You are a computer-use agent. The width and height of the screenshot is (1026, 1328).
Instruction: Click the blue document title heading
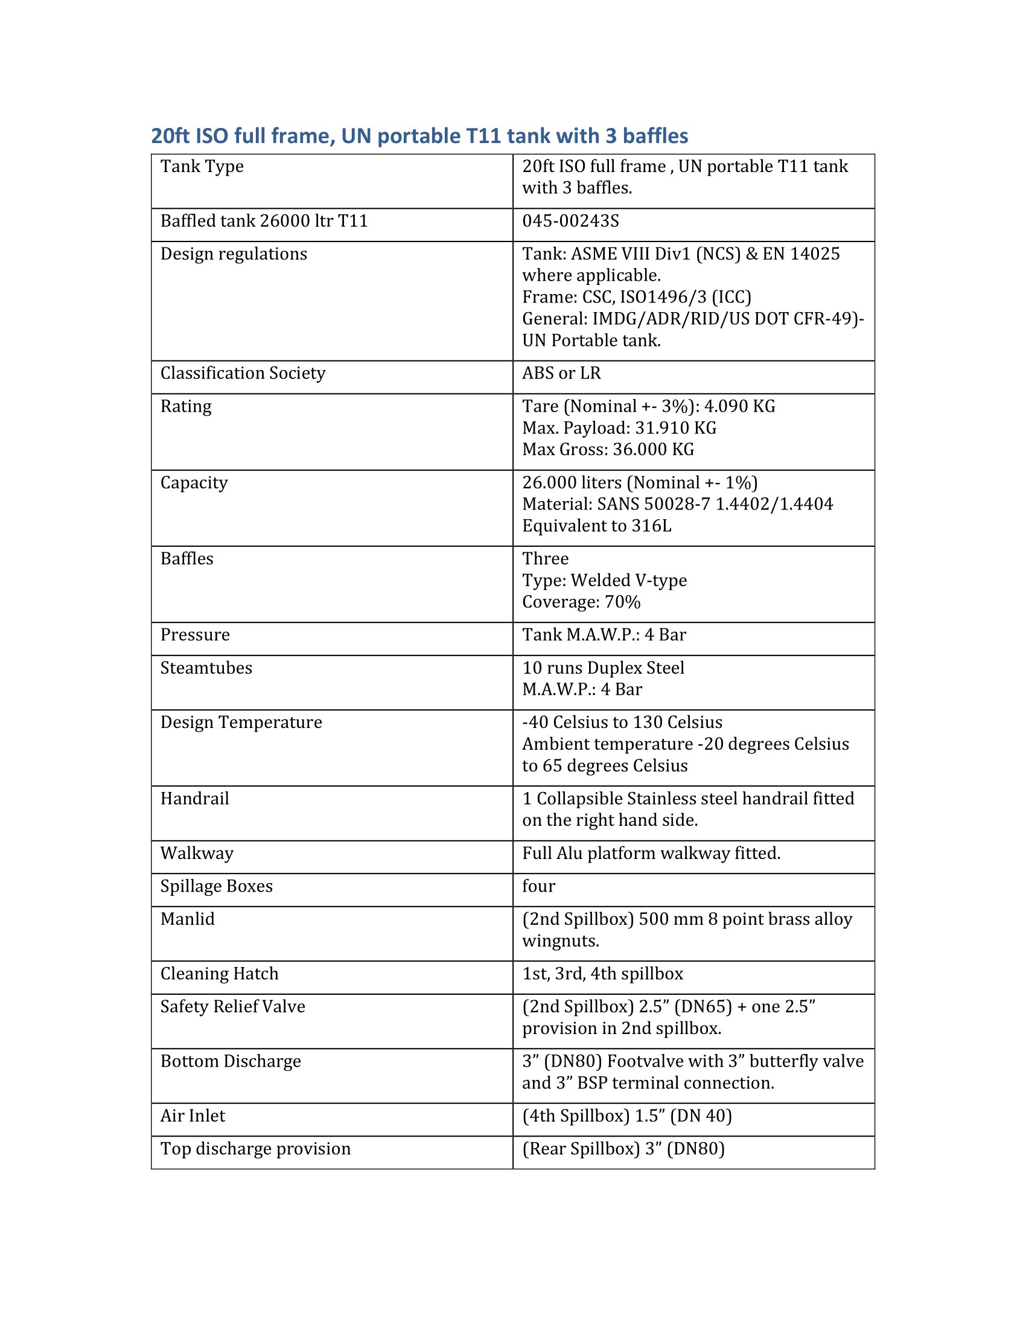pyautogui.click(x=419, y=136)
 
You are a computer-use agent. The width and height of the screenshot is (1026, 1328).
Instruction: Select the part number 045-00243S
pyautogui.click(x=570, y=221)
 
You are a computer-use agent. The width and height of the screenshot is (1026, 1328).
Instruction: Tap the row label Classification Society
pyautogui.click(x=243, y=372)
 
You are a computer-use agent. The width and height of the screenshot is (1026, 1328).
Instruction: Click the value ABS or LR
pyautogui.click(x=561, y=372)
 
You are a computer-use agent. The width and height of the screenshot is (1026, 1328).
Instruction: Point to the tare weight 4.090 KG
pyautogui.click(x=739, y=406)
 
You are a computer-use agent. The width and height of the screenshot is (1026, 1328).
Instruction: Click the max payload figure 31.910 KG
pyautogui.click(x=675, y=428)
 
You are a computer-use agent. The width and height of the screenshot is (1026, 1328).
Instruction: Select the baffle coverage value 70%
pyautogui.click(x=622, y=602)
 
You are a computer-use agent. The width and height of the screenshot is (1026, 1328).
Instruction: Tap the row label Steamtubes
pyautogui.click(x=206, y=668)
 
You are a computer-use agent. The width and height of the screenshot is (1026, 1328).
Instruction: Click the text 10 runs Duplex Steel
pyautogui.click(x=603, y=668)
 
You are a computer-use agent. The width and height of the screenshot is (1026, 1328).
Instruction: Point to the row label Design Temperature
pyautogui.click(x=241, y=722)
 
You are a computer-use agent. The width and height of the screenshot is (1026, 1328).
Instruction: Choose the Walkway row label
pyautogui.click(x=196, y=853)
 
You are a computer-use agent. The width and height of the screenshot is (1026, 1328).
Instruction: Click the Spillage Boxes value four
pyautogui.click(x=538, y=886)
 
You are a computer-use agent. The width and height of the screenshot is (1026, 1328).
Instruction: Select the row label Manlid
pyautogui.click(x=187, y=919)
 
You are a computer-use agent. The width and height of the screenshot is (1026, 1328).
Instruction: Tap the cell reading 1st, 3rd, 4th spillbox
pyautogui.click(x=602, y=974)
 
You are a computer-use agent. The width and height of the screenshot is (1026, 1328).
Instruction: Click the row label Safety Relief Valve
pyautogui.click(x=232, y=1006)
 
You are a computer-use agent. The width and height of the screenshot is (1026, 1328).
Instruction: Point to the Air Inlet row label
pyautogui.click(x=192, y=1116)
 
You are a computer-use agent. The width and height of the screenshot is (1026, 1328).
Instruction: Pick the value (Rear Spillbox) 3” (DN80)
pyautogui.click(x=623, y=1149)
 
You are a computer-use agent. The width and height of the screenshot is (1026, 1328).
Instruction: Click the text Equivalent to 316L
pyautogui.click(x=596, y=525)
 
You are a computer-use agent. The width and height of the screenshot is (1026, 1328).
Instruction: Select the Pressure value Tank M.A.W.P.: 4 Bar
pyautogui.click(x=604, y=635)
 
